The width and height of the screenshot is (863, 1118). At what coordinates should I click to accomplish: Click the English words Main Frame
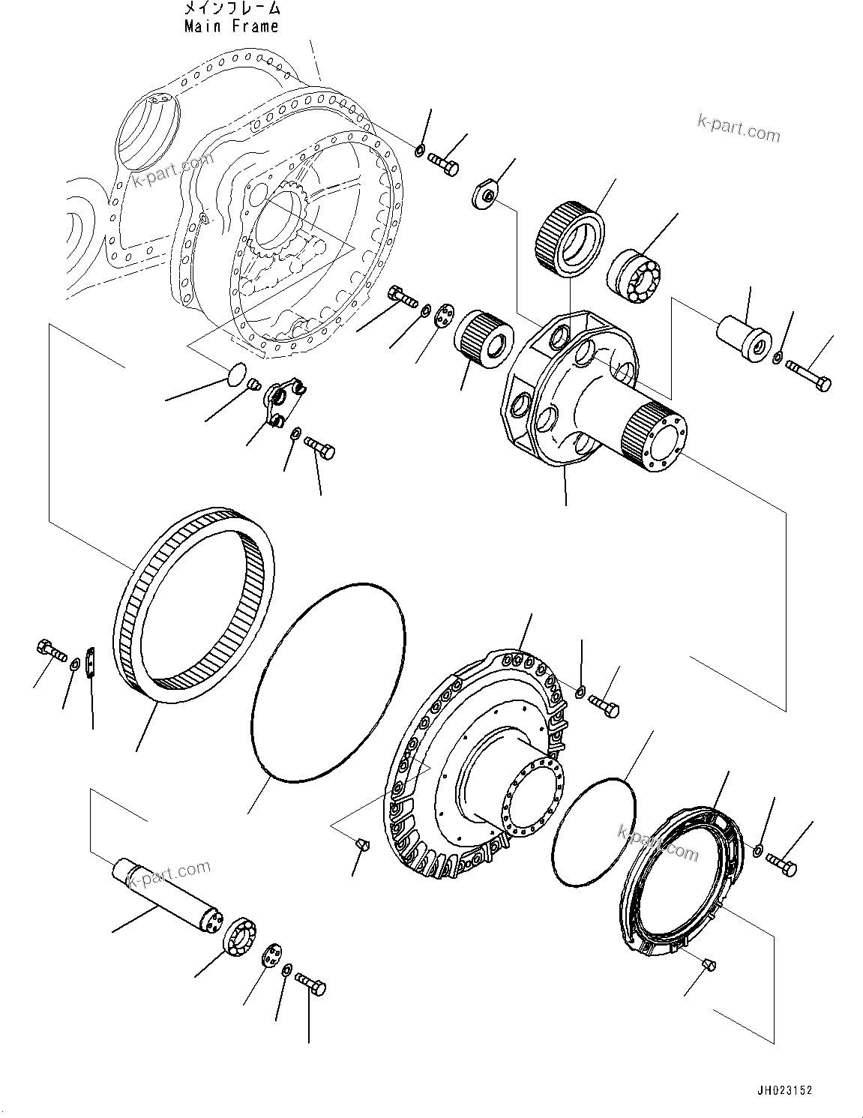pyautogui.click(x=232, y=26)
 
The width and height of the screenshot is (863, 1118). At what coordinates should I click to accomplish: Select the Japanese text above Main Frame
pyautogui.click(x=232, y=9)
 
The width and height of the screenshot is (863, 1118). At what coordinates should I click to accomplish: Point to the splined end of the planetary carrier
pyautogui.click(x=649, y=434)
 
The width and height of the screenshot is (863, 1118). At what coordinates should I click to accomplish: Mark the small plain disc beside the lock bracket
pyautogui.click(x=235, y=373)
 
